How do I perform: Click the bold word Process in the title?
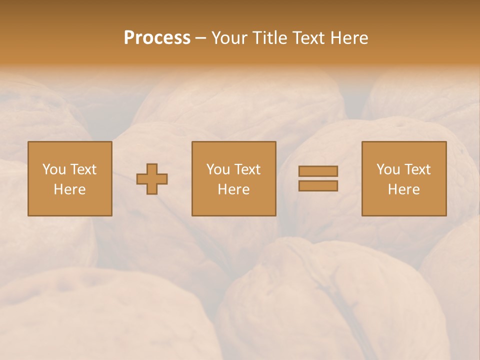coord(157,38)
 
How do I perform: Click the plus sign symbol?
coord(152,179)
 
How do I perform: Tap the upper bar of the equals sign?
coord(318,171)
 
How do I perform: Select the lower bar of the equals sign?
coord(318,185)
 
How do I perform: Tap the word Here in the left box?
coord(69,189)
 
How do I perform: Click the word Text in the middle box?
coord(247,169)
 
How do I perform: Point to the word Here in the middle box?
coord(233,189)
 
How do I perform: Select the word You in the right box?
coord(388,169)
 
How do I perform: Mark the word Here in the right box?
coord(404,189)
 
